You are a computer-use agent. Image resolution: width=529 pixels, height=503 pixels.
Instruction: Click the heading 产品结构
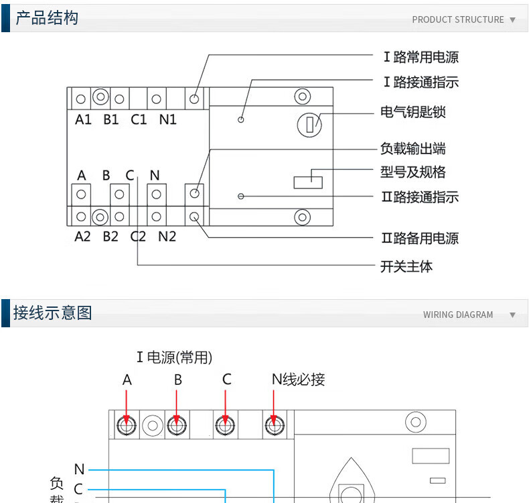(x=46, y=18)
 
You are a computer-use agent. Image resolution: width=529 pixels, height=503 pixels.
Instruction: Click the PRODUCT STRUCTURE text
(x=458, y=19)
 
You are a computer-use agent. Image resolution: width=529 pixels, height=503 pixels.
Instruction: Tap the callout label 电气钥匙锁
(x=412, y=112)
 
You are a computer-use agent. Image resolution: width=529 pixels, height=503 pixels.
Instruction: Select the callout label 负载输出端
(x=412, y=148)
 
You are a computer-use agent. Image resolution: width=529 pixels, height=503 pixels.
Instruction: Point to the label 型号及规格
(x=412, y=172)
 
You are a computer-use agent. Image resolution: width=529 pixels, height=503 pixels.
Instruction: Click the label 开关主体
(x=406, y=266)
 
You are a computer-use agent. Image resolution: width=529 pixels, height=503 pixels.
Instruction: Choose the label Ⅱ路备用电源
(x=420, y=238)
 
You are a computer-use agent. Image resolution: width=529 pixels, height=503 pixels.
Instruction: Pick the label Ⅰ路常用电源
(x=421, y=58)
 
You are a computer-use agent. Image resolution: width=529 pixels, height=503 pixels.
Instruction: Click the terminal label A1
(x=83, y=120)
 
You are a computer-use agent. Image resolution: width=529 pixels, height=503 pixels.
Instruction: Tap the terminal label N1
(x=167, y=120)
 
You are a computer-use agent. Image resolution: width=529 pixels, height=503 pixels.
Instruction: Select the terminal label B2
(x=110, y=237)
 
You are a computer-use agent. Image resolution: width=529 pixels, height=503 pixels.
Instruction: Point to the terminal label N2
(x=167, y=237)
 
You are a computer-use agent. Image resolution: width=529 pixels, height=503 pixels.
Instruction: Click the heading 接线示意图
(x=52, y=313)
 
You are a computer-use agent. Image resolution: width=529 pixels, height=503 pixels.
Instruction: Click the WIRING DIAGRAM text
(x=458, y=315)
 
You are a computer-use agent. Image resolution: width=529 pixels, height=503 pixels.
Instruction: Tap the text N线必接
(x=298, y=380)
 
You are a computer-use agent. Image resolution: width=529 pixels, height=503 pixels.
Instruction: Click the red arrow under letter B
(x=177, y=406)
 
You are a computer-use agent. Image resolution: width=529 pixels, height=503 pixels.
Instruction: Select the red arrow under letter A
(x=127, y=406)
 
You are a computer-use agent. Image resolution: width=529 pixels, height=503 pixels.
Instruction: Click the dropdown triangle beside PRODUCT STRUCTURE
(x=513, y=19)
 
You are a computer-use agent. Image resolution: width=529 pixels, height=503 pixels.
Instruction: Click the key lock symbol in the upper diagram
(x=309, y=125)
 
